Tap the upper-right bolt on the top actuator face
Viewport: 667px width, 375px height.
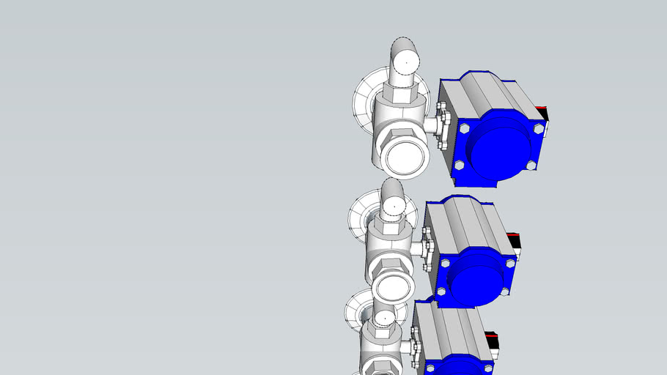pos(539,129)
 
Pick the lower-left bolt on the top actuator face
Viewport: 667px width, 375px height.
pos(459,166)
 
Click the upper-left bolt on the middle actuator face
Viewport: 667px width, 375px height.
pos(446,262)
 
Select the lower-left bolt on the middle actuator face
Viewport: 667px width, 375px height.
pos(441,292)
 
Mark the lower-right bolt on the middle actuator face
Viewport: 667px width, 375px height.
pos(505,292)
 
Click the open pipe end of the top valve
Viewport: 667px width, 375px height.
pos(402,155)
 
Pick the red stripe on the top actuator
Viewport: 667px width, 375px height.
pos(542,109)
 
